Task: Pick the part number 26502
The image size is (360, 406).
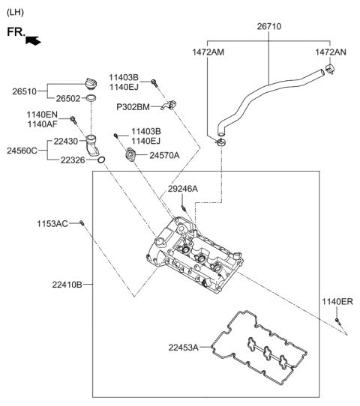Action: tap(70, 98)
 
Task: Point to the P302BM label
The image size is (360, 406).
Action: tap(133, 107)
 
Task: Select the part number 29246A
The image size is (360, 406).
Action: tap(183, 189)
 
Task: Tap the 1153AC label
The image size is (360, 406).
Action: tap(53, 223)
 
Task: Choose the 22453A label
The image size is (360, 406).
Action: tap(184, 347)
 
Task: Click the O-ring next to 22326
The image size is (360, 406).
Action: tap(102, 160)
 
